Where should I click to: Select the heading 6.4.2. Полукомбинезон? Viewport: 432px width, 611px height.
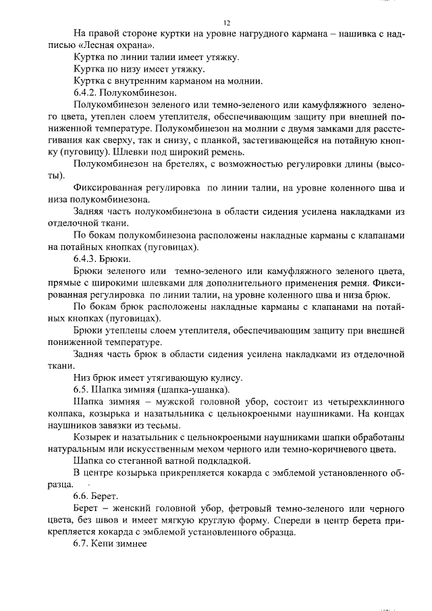pyautogui.click(x=125, y=92)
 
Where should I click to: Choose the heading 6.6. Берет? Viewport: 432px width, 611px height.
pyautogui.click(x=96, y=495)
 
